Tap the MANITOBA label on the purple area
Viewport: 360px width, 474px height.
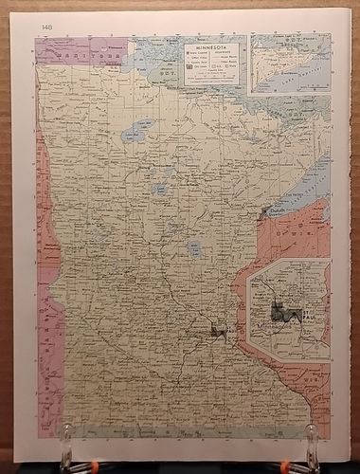pyautogui.click(x=81, y=55)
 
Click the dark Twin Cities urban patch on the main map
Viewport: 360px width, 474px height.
pyautogui.click(x=219, y=330)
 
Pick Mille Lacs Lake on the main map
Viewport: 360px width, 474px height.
pyautogui.click(x=193, y=249)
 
